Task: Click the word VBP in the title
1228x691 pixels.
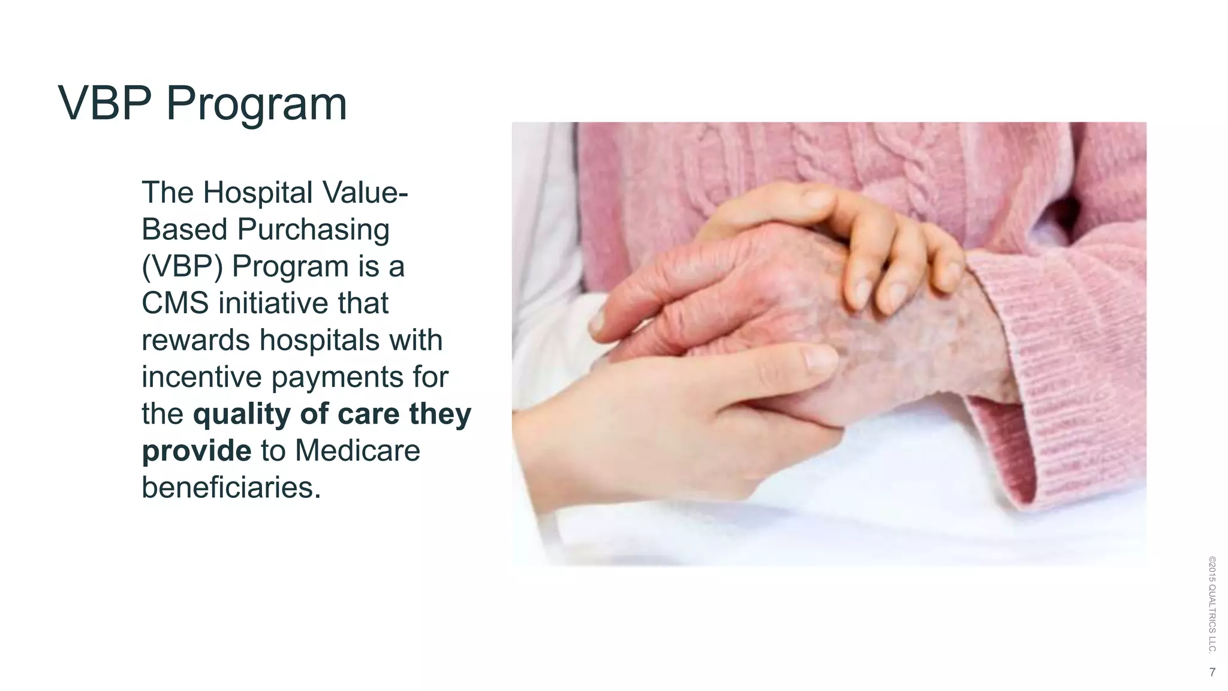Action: point(105,103)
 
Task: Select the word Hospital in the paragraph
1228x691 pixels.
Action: point(258,193)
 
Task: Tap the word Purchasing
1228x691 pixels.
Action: point(313,230)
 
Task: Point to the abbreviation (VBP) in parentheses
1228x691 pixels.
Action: point(182,267)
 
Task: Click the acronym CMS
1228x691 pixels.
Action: point(175,304)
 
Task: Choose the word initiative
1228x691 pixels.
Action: point(273,304)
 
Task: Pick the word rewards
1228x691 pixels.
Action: point(195,341)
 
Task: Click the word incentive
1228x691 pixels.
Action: point(201,377)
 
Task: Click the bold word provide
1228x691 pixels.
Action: point(197,451)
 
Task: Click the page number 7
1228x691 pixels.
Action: point(1212,672)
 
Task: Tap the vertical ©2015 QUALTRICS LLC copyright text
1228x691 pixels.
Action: point(1212,605)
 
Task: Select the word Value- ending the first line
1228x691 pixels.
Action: point(365,193)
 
